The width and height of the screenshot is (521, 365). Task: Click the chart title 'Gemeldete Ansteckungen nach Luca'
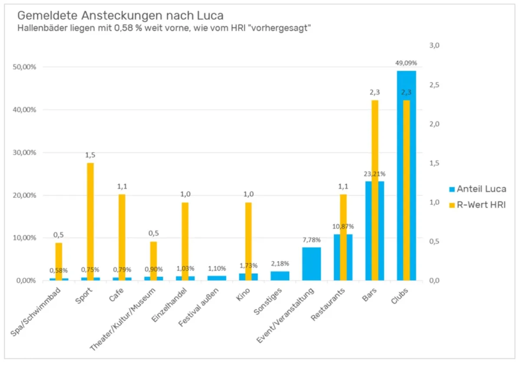pos(120,16)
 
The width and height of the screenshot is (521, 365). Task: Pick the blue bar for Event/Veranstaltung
pos(312,264)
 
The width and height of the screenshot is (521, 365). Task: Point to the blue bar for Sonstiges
pos(280,276)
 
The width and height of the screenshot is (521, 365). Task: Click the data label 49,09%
pos(406,63)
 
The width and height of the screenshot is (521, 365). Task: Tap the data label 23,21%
pos(375,174)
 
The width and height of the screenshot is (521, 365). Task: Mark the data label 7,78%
pos(312,239)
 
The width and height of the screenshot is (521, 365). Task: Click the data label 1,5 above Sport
pos(90,155)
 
